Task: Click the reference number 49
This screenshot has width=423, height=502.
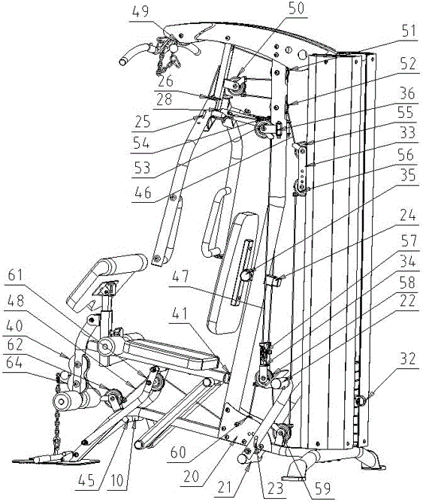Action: pyautogui.click(x=140, y=12)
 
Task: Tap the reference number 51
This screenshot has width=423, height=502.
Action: pyautogui.click(x=408, y=32)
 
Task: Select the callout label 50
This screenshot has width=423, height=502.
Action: pyautogui.click(x=296, y=8)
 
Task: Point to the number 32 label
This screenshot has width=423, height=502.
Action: pyautogui.click(x=408, y=359)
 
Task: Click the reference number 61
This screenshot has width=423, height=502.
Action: pyautogui.click(x=15, y=275)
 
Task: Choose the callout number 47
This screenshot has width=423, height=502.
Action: pyautogui.click(x=181, y=277)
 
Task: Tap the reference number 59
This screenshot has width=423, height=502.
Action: pyautogui.click(x=322, y=488)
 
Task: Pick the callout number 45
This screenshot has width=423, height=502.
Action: pyautogui.click(x=86, y=480)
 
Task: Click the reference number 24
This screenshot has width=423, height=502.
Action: pyautogui.click(x=407, y=215)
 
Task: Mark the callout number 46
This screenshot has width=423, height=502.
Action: pyautogui.click(x=143, y=192)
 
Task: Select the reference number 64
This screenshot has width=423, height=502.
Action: pyautogui.click(x=15, y=363)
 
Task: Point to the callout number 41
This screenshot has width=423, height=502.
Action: pyautogui.click(x=180, y=314)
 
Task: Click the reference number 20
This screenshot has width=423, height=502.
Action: pyautogui.click(x=192, y=477)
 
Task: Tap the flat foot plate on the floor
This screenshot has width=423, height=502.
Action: pyautogui.click(x=56, y=461)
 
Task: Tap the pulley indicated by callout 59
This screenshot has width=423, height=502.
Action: pyautogui.click(x=283, y=432)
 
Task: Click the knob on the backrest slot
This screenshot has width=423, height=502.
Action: pyautogui.click(x=246, y=275)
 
